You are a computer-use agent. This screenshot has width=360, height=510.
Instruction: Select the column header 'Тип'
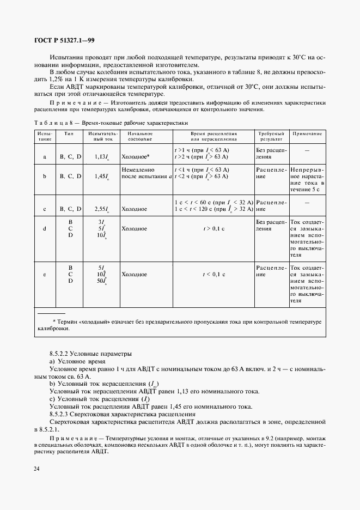point(69,133)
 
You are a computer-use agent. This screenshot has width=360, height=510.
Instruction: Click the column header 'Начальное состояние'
point(139,136)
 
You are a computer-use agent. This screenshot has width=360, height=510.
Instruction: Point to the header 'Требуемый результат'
point(271,136)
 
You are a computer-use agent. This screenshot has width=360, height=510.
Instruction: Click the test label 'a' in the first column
point(44,156)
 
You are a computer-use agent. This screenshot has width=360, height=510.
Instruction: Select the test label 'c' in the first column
point(44,209)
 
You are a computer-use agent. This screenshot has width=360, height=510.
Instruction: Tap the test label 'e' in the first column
point(44,275)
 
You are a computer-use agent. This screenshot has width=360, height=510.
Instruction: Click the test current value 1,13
point(100,156)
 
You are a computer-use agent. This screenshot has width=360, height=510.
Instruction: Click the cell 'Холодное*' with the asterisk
point(135,156)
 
